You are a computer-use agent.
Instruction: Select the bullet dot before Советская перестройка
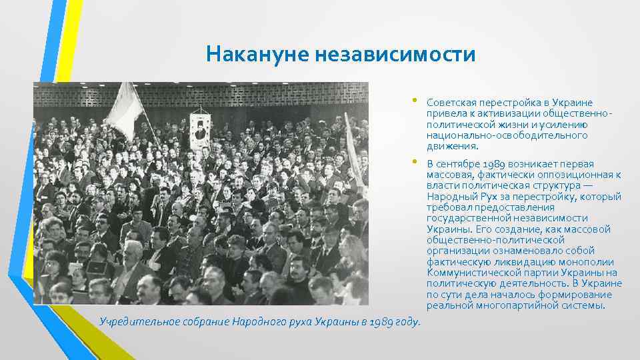click(414, 101)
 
